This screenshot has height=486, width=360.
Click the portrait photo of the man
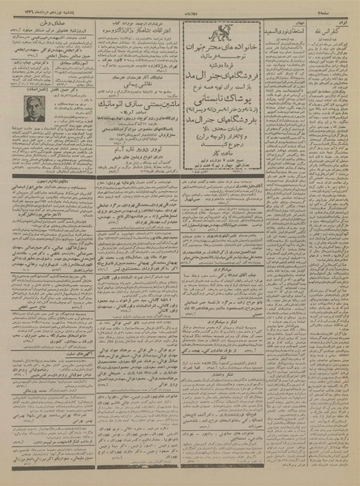point(34,109)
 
